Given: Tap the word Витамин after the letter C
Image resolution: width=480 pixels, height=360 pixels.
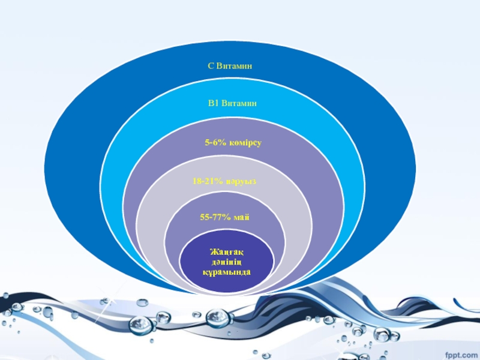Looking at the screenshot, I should [x=233, y=65].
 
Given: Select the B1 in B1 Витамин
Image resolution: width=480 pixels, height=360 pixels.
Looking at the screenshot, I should [x=213, y=103].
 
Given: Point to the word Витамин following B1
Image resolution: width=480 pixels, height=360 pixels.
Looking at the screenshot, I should [x=239, y=103].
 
